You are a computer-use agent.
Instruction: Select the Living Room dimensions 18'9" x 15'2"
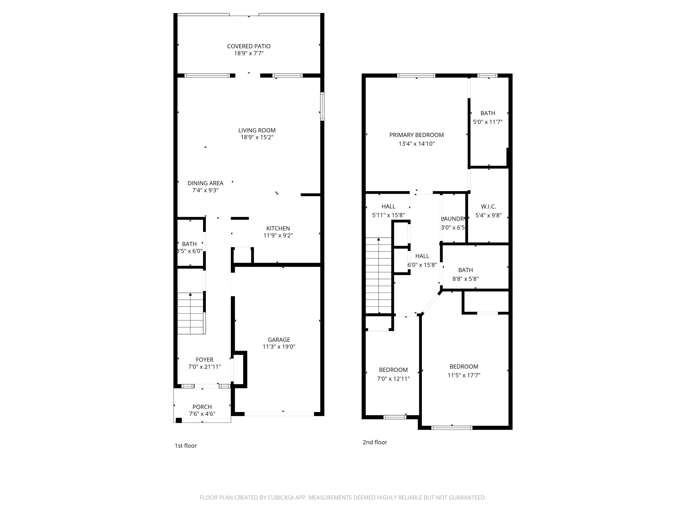(x=257, y=137)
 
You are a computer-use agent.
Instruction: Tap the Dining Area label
(x=205, y=183)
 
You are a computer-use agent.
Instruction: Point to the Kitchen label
(x=278, y=228)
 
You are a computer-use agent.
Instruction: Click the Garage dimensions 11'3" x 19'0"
(x=279, y=347)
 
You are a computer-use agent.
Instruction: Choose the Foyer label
(x=204, y=360)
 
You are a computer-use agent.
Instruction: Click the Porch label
(x=202, y=407)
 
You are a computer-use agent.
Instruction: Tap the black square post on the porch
(x=179, y=420)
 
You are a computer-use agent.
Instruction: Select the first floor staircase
(x=190, y=314)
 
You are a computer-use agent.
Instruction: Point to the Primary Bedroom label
(x=416, y=135)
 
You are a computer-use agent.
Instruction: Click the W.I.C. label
(x=488, y=206)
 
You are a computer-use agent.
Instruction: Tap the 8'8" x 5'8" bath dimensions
(x=465, y=279)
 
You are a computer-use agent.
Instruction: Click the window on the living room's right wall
(x=322, y=106)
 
